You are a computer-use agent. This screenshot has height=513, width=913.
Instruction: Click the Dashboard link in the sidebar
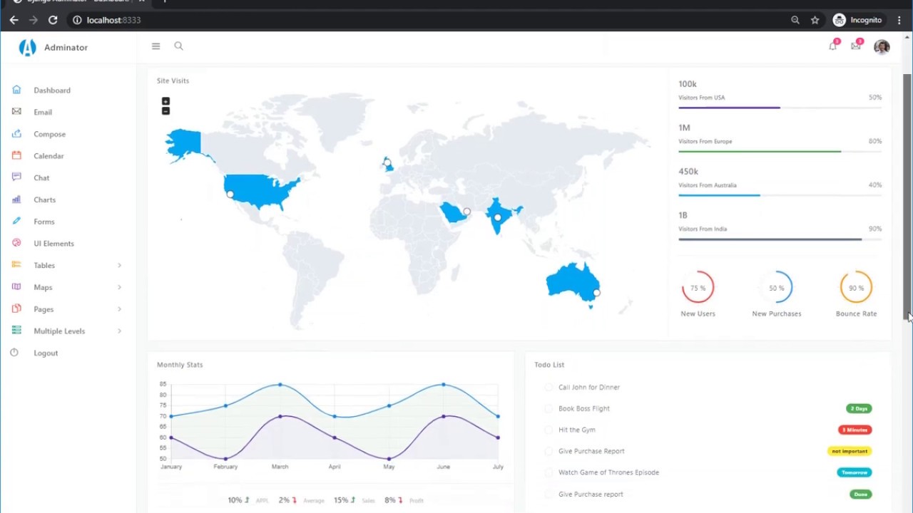point(51,90)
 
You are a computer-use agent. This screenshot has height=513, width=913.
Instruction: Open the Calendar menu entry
point(49,156)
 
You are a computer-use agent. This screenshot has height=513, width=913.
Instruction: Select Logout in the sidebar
point(46,353)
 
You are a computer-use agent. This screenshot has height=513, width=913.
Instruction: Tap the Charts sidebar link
point(44,200)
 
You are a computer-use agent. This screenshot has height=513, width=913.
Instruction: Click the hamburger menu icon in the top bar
point(155,46)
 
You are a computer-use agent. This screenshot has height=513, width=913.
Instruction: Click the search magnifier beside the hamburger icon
point(178,46)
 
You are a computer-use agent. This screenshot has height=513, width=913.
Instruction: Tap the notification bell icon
point(832,47)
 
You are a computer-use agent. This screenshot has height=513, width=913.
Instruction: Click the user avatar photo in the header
point(882,47)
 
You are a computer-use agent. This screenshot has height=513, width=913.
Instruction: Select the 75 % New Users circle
point(698,288)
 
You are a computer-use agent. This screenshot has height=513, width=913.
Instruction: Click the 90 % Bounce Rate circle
point(856,288)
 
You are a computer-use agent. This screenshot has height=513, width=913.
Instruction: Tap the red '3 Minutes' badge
point(855,430)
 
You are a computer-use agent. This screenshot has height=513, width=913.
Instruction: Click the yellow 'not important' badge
point(850,451)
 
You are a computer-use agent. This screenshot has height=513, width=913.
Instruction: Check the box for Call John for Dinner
point(549,388)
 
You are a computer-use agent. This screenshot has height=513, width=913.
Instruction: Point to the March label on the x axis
point(280,467)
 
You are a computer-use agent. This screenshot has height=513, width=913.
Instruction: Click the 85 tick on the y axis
point(163,385)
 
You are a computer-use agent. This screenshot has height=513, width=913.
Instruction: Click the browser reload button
point(53,20)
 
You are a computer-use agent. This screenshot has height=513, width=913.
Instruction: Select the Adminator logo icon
point(27,48)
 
